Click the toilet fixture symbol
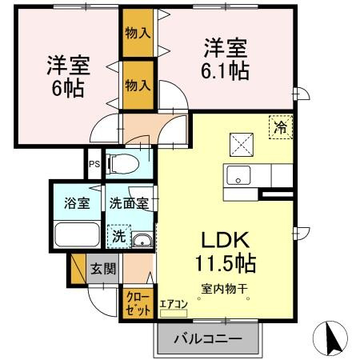[x=122, y=163]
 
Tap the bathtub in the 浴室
[x=77, y=234]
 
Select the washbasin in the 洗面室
[x=142, y=240]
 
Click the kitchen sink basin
[x=238, y=175]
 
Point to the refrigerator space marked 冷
[x=281, y=127]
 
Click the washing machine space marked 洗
[x=119, y=237]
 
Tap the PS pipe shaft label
[x=94, y=164]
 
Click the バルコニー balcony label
[x=208, y=339]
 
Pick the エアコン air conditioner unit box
[x=174, y=313]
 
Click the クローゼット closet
[x=138, y=304]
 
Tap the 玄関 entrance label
[x=103, y=269]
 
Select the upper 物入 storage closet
[x=138, y=33]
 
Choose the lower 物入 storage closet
[x=138, y=86]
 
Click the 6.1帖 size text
[x=225, y=71]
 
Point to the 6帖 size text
[x=68, y=88]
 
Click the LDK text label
[x=226, y=240]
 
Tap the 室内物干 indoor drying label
[x=225, y=289]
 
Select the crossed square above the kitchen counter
[x=242, y=145]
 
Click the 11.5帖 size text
[x=226, y=263]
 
